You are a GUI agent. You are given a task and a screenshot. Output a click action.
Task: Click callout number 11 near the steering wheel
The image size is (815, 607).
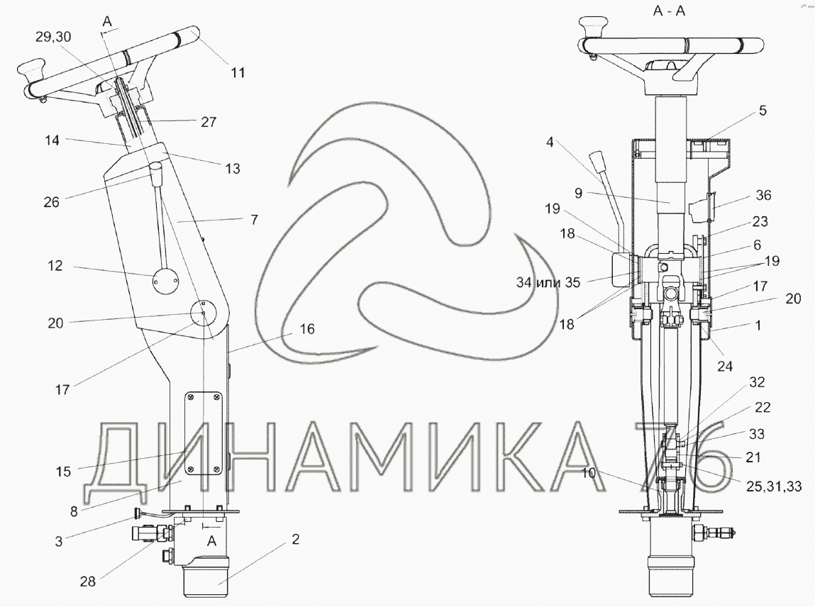(238, 73)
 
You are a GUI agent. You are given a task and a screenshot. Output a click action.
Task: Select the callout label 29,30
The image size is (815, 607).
(53, 37)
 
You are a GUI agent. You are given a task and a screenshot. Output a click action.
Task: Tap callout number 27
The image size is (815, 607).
(209, 122)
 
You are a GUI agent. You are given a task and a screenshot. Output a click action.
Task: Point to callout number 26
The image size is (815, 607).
(52, 201)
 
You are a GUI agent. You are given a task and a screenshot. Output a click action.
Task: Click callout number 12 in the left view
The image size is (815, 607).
(55, 265)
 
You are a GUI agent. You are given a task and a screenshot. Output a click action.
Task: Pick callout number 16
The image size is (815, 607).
(307, 329)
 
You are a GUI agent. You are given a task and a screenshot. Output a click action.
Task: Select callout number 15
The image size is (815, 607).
(63, 472)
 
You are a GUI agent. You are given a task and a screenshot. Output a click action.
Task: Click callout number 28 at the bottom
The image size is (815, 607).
(88, 581)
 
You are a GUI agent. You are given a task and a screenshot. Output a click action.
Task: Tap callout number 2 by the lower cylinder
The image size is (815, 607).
(295, 540)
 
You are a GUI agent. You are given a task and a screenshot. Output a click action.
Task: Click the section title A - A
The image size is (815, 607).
(669, 11)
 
